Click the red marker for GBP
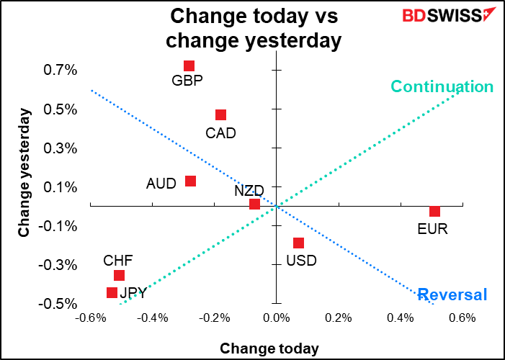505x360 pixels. click(x=189, y=66)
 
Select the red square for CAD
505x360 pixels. click(x=220, y=115)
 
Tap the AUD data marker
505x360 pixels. click(x=190, y=181)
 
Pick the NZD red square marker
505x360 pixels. click(x=254, y=204)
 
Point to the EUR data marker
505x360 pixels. click(x=434, y=211)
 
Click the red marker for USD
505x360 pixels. click(x=298, y=243)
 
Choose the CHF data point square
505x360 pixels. click(x=119, y=276)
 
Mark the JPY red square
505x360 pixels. click(x=112, y=292)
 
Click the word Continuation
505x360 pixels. click(x=442, y=87)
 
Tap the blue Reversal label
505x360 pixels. click(x=452, y=294)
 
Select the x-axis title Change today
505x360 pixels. click(x=269, y=348)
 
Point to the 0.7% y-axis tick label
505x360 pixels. click(x=43, y=71)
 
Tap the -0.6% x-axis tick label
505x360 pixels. click(x=90, y=318)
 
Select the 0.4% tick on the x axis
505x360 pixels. click(x=401, y=318)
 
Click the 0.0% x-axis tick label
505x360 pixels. click(x=276, y=318)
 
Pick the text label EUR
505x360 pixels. click(x=433, y=230)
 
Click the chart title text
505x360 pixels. click(x=253, y=27)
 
